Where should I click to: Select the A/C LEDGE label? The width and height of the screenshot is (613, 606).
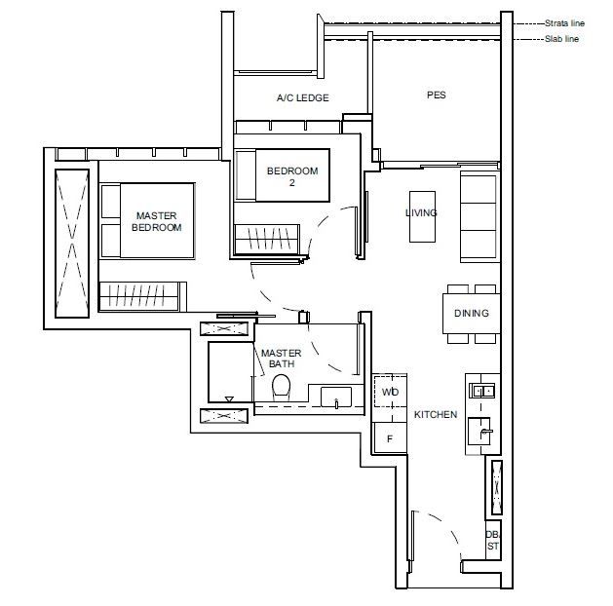[x=302, y=97]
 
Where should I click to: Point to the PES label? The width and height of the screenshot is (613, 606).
[x=437, y=95]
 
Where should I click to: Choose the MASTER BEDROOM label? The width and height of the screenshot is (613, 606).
[x=157, y=221]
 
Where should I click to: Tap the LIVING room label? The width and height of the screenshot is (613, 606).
[x=421, y=212]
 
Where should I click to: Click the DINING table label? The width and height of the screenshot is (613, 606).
[x=471, y=314]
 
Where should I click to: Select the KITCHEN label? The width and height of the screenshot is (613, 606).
[x=435, y=414]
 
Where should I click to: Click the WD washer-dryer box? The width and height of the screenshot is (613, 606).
[x=390, y=392]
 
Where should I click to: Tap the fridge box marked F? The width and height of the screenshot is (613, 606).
[x=390, y=438]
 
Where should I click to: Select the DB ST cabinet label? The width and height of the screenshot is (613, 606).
[x=492, y=540]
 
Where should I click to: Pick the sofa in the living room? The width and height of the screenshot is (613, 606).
[x=478, y=213]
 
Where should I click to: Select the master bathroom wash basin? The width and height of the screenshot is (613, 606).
[x=336, y=398]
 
